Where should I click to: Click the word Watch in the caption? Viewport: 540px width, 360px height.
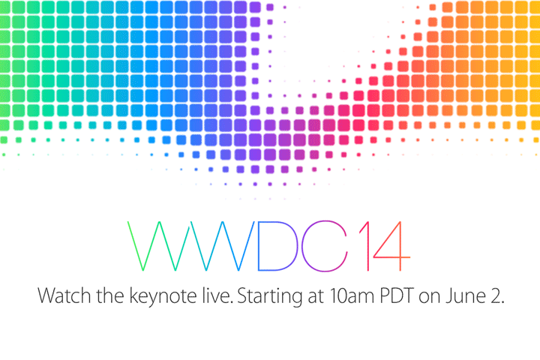[64, 295]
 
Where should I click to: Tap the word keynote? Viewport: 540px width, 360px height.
[163, 296]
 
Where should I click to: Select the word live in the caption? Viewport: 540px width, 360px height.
[217, 295]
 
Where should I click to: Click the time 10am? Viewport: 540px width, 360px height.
[351, 296]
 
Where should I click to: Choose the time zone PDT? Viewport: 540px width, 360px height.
[396, 296]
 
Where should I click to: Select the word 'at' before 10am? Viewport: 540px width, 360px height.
[316, 297]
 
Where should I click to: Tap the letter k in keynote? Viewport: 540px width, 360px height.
[134, 295]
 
